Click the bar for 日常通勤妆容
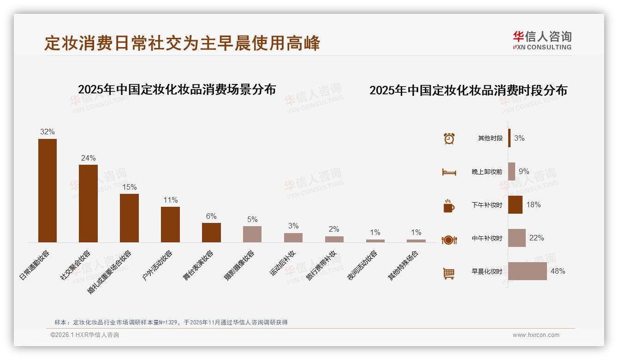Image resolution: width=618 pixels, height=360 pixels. click(x=48, y=190)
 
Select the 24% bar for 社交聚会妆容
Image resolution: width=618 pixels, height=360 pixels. click(x=88, y=203)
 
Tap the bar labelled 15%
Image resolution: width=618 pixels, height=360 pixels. click(x=129, y=218)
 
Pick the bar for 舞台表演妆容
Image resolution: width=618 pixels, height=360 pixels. click(x=211, y=232)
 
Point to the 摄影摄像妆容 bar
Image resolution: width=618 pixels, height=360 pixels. click(x=252, y=234)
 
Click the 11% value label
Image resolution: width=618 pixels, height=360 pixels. click(x=170, y=200)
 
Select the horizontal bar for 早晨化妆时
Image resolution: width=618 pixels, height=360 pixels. click(x=527, y=271)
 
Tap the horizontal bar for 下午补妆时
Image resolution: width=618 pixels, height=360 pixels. click(x=515, y=204)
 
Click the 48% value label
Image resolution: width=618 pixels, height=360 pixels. click(x=558, y=271)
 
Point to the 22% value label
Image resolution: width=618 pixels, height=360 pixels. click(x=536, y=238)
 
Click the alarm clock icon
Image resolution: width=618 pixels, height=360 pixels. click(x=449, y=138)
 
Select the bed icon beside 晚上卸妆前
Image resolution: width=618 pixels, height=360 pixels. click(x=449, y=172)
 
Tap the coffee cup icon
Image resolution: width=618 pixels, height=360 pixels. click(x=449, y=205)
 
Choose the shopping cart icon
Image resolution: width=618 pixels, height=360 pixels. click(x=449, y=273)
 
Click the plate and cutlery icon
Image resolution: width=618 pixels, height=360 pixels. click(x=449, y=240)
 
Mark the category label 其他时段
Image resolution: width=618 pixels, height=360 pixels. click(x=490, y=138)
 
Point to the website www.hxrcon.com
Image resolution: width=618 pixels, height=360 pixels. click(x=536, y=335)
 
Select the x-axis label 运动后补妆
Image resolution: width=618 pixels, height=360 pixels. click(x=283, y=263)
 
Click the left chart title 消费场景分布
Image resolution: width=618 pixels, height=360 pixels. click(x=177, y=89)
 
